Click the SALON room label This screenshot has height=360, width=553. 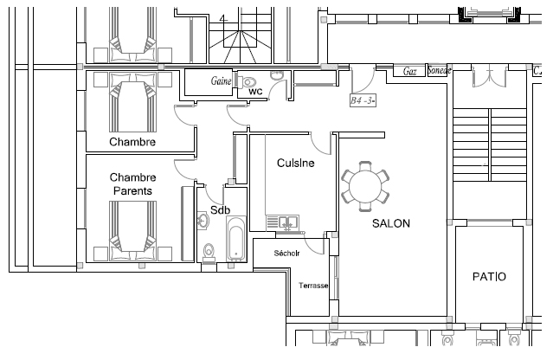[x=390, y=223]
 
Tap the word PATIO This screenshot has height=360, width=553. [x=489, y=277]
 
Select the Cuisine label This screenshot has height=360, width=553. [x=295, y=163]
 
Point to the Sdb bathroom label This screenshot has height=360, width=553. [x=220, y=210]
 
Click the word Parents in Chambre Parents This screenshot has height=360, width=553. [x=132, y=190]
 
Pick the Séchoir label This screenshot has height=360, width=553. [x=286, y=254]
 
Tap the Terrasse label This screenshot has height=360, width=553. [x=313, y=285]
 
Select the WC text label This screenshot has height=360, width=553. [x=255, y=91]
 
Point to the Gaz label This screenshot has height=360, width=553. [x=411, y=72]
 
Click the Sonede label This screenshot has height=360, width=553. [x=439, y=71]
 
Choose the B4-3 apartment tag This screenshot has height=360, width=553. [x=363, y=100]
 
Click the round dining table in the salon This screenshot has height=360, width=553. [x=366, y=185]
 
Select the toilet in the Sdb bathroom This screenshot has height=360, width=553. [x=208, y=252]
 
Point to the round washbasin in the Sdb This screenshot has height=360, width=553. [x=203, y=222]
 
